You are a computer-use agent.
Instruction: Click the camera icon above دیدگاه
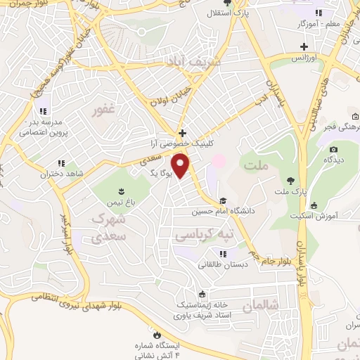tap(333, 149)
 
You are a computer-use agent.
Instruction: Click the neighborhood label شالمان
tap(261, 307)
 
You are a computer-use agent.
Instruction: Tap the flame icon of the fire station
tap(157, 335)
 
